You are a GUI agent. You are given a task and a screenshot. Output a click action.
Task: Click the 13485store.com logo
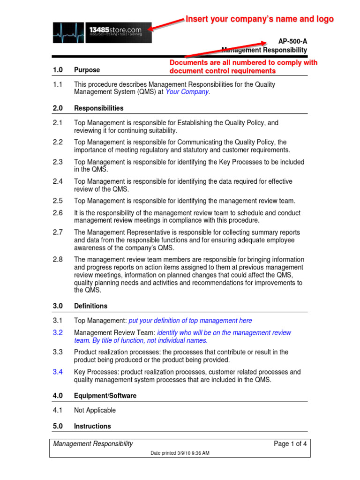pos(102,32)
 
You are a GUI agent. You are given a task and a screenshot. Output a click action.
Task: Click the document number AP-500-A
pos(293,42)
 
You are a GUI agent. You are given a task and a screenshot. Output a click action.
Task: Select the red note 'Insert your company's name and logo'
pos(260,19)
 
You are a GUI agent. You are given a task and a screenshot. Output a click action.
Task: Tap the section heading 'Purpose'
pos(87,70)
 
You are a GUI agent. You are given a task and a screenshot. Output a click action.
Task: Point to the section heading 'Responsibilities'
pos(99,108)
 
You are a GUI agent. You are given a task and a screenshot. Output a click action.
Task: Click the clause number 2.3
pos(58,162)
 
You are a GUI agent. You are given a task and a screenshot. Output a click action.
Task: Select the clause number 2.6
pos(58,213)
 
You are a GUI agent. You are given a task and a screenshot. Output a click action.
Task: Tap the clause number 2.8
pos(58,260)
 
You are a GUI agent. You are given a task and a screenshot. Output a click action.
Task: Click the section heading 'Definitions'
pos(90,306)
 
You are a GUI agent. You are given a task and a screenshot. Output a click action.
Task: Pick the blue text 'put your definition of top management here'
pos(190,321)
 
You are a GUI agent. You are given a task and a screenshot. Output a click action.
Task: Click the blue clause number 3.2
pos(58,333)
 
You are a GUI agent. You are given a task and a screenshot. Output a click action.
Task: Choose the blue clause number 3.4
pos(58,372)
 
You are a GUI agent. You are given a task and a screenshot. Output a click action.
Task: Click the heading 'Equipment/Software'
pos(105,396)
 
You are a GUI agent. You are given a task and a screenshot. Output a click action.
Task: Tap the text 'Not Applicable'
pos(95,410)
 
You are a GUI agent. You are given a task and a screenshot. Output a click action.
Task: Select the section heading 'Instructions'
pos(92,426)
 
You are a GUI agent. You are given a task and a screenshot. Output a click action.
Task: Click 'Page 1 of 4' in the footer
pos(291,444)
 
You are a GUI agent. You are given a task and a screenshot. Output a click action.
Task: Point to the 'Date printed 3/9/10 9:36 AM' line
pos(180,453)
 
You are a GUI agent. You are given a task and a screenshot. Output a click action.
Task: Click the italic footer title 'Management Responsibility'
pos(93,444)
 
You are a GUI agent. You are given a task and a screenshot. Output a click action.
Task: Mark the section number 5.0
pos(58,426)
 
